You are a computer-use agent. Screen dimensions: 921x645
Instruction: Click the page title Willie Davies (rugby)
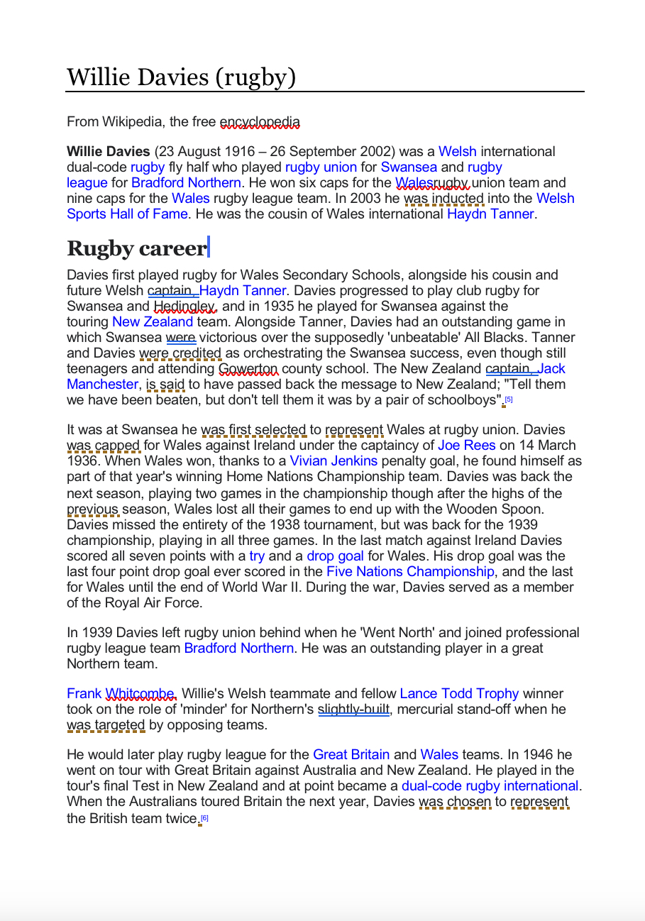[181, 77]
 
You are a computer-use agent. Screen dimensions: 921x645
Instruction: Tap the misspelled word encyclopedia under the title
[260, 122]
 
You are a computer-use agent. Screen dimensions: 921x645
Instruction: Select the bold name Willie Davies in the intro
[108, 152]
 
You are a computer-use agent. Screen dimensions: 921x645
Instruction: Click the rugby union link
[321, 167]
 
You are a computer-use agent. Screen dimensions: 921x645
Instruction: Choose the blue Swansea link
[409, 167]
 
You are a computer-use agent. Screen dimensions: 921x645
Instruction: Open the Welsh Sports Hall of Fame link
[128, 214]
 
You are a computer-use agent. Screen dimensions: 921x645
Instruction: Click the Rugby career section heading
[136, 248]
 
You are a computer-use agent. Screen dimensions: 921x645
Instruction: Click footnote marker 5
[509, 399]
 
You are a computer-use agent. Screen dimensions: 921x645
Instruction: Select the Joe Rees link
[466, 446]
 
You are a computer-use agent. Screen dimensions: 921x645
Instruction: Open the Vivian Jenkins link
[333, 461]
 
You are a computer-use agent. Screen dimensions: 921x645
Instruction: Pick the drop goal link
[335, 556]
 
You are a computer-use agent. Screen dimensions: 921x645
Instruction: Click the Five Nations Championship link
[410, 572]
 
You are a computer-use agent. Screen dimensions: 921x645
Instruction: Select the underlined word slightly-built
[354, 710]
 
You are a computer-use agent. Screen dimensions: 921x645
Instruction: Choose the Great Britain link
[351, 755]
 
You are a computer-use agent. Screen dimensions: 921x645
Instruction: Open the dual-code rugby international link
[490, 786]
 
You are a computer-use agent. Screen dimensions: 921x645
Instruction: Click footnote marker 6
[205, 818]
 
